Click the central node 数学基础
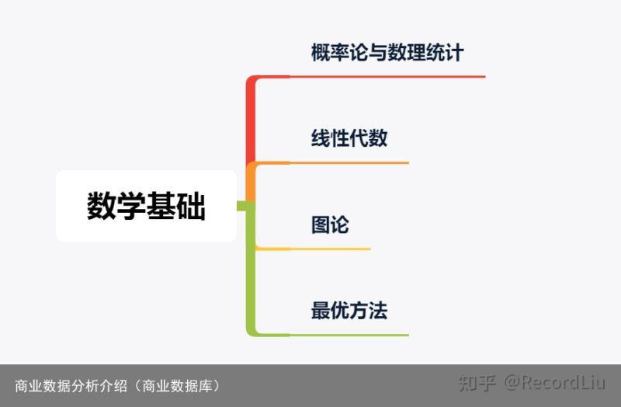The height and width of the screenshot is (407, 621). [x=146, y=206]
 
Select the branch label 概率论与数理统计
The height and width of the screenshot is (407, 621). [x=387, y=53]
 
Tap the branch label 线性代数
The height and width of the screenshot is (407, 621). [x=349, y=138]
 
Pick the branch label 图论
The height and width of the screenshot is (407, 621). [x=330, y=224]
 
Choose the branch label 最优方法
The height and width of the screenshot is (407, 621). [x=349, y=311]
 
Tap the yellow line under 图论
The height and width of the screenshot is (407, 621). [x=313, y=249]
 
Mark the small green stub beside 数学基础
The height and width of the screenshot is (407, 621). [x=241, y=206]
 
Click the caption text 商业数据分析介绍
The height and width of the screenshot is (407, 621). [x=71, y=385]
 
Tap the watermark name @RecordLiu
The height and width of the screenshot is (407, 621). [x=554, y=383]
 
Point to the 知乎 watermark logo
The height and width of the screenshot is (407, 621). [x=477, y=383]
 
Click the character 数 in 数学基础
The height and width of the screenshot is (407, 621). [x=102, y=206]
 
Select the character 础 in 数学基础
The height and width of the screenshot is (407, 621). [x=191, y=206]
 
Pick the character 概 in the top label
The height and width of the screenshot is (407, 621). [x=321, y=53]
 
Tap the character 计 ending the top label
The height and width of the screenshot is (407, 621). [x=454, y=53]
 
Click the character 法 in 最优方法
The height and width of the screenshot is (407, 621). [x=378, y=311]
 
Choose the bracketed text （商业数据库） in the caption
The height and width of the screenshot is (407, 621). [x=177, y=385]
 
